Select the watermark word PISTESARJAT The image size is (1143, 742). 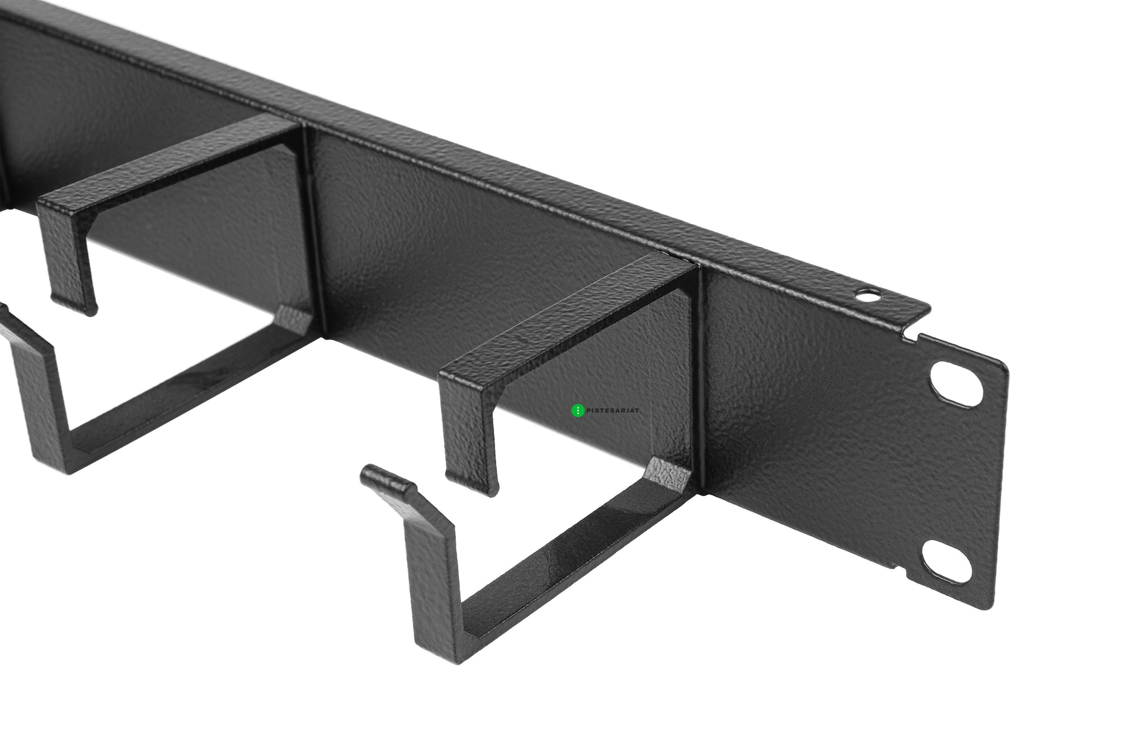612,411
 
